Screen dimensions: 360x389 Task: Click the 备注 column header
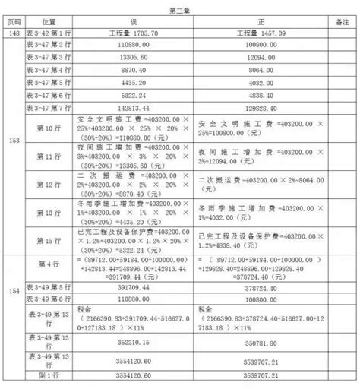(339, 24)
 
